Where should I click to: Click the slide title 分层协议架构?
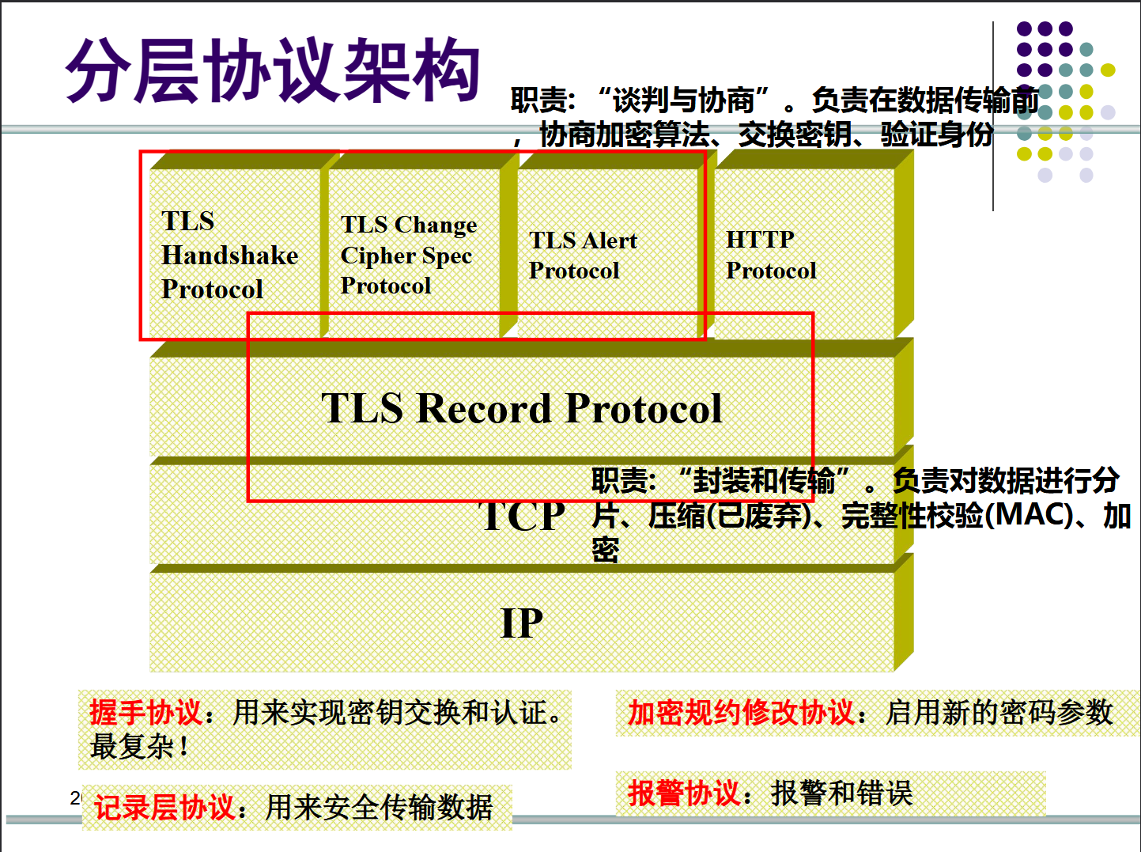(273, 71)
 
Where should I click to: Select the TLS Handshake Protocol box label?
(229, 255)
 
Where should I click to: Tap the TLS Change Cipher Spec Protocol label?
(408, 255)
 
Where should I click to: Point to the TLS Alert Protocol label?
(583, 255)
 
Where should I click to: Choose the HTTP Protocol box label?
(770, 255)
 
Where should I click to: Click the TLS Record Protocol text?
(521, 408)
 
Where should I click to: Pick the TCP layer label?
(522, 517)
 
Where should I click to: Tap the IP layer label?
(522, 623)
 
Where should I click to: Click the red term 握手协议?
(145, 713)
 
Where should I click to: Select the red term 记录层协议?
(164, 808)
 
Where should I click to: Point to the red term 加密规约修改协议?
(741, 713)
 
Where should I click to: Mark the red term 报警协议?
(684, 793)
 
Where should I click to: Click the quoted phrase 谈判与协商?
(684, 100)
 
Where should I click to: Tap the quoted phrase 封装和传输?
(764, 480)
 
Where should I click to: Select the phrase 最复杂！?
(139, 746)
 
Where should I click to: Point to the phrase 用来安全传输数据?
(379, 808)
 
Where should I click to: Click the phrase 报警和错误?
(841, 793)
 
